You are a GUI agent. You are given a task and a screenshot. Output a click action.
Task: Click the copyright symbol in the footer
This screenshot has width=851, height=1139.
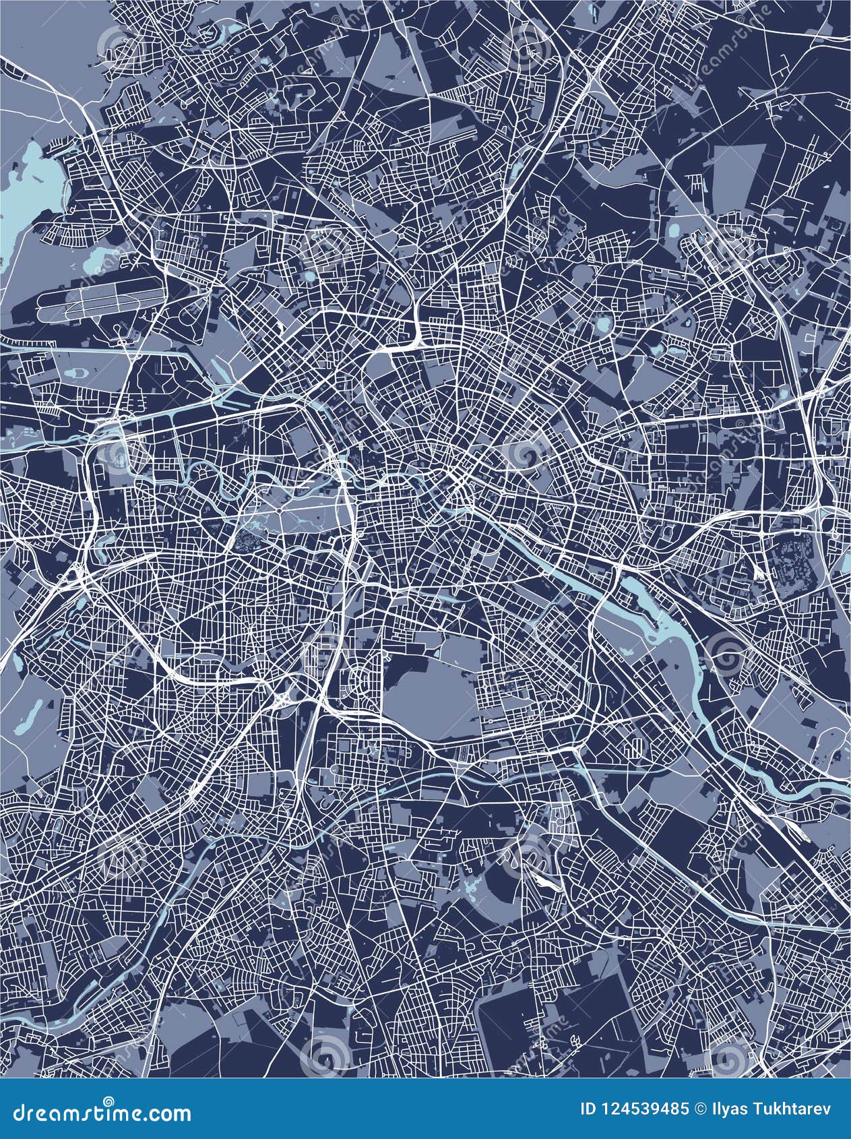701,1108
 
